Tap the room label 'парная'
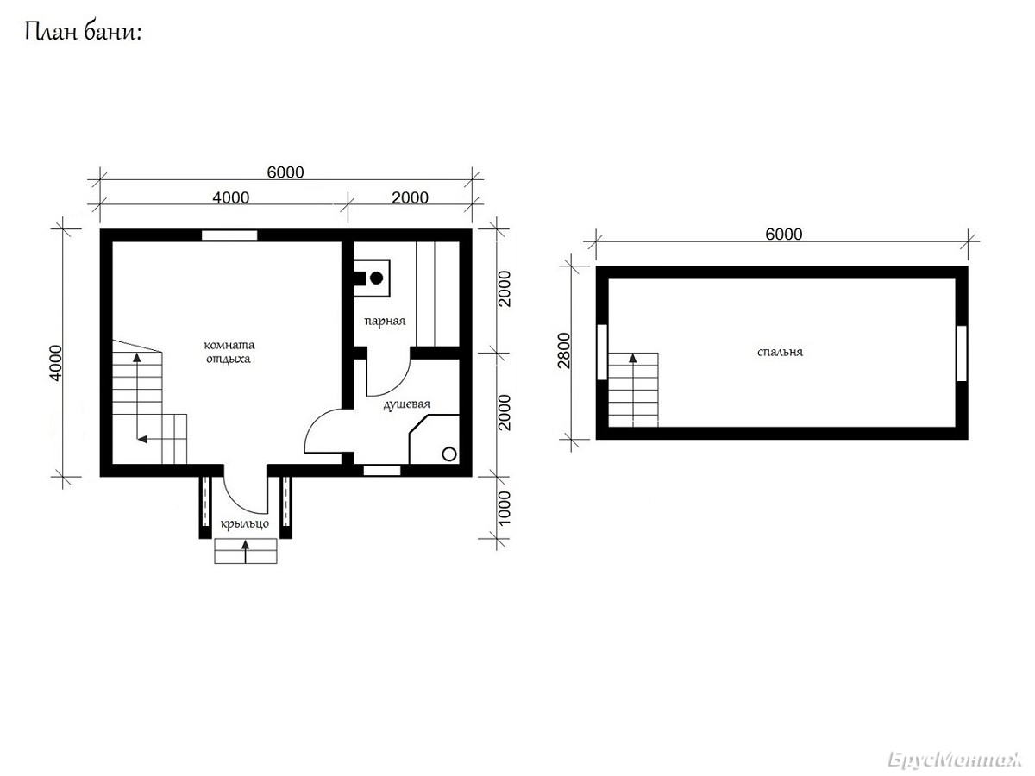(x=385, y=322)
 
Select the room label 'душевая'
(x=406, y=404)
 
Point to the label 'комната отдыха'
(x=229, y=352)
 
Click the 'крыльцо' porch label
(x=245, y=524)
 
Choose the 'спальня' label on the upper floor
(x=780, y=352)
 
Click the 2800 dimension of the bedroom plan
(x=564, y=351)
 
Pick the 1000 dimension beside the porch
(x=504, y=509)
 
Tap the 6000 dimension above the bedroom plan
(x=784, y=235)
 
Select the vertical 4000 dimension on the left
(x=56, y=363)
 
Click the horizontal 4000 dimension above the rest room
(x=230, y=197)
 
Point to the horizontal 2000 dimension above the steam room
(x=410, y=197)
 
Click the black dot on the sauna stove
(x=376, y=278)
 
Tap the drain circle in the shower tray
(x=448, y=454)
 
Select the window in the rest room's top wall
(x=229, y=235)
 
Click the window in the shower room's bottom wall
(x=382, y=470)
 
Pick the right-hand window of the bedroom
(x=962, y=353)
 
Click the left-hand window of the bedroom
(x=602, y=352)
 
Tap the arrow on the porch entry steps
(x=245, y=552)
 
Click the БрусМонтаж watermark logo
(x=954, y=760)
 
